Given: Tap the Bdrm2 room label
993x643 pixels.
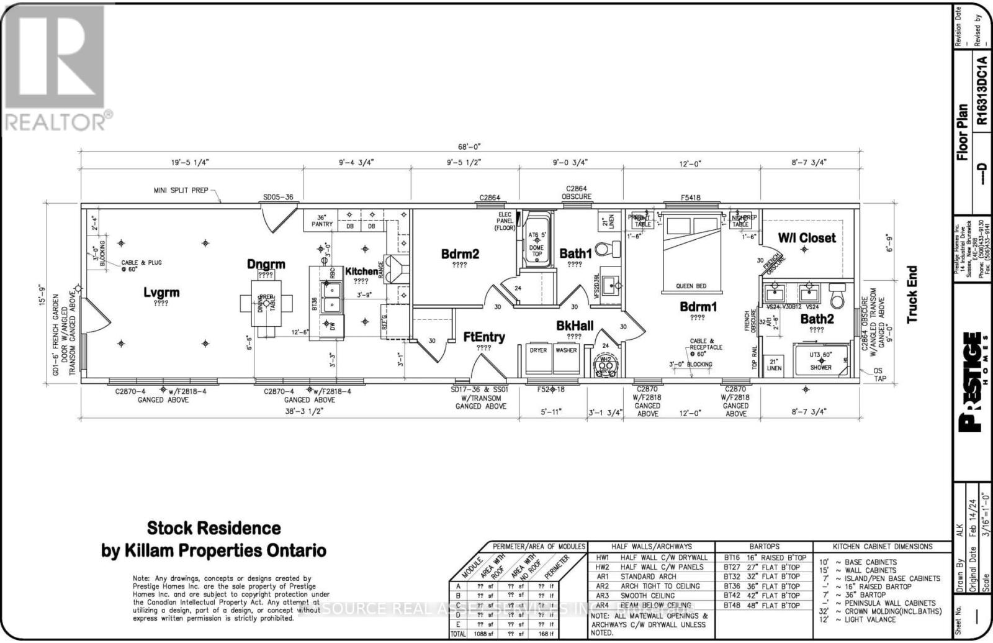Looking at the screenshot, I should [x=460, y=254].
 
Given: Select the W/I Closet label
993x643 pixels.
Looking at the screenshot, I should [x=806, y=237].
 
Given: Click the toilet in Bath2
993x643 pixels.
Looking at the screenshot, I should [x=837, y=296].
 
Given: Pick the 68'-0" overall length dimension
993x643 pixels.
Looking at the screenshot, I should [x=469, y=147].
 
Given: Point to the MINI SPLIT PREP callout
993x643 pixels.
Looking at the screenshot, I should [x=181, y=190].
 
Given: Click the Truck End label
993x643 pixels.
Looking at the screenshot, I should [x=912, y=294].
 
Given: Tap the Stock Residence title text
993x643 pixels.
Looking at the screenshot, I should [x=213, y=529].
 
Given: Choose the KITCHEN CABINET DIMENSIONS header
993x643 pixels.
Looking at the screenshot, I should [x=882, y=547].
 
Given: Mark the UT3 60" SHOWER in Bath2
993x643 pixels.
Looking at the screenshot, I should [x=820, y=361].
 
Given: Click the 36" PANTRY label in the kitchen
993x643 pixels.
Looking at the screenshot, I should [x=325, y=221].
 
